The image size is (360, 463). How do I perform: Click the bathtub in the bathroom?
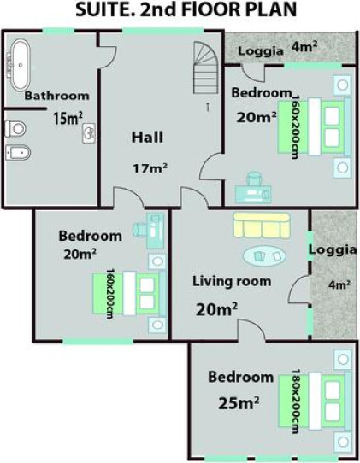pos(21,65)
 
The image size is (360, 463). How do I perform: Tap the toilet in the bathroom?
pos(15,129)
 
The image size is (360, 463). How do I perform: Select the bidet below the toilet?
pos(18,153)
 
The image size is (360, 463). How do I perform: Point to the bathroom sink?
pos(89,133)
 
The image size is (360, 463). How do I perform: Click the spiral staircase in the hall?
pos(206,67)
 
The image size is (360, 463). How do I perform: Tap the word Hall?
pos(147,138)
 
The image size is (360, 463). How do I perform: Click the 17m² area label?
pos(150,168)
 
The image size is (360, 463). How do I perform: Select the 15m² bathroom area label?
pos(68,118)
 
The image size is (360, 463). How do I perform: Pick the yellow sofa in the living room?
pos(262,226)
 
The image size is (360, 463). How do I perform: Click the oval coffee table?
pos(264,255)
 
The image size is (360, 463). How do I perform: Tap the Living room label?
pos(232,281)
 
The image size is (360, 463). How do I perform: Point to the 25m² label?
pos(239,403)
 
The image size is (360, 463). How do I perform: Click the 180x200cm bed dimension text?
pos(297,401)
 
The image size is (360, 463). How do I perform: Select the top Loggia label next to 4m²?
pos(261,51)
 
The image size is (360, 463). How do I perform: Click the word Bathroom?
pos(56,96)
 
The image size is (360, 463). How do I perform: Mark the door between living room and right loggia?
pos(299,290)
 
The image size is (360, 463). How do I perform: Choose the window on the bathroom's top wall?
pos(58,31)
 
